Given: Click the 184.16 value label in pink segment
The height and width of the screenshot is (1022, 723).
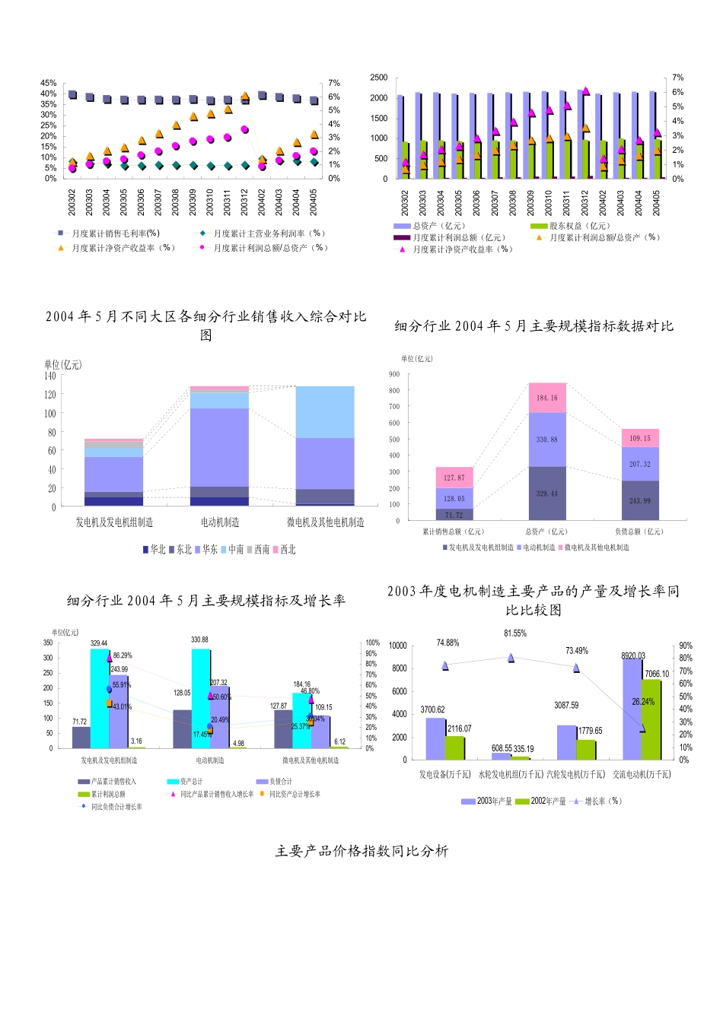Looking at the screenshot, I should (x=546, y=398).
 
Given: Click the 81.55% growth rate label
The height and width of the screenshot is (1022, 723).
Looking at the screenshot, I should (x=515, y=633).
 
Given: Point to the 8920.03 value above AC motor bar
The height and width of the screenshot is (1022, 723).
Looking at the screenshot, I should (x=632, y=655).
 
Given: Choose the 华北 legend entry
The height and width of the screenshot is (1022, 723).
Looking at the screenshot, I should (x=154, y=549).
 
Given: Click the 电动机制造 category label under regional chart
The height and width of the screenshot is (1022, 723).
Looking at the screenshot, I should (x=220, y=522).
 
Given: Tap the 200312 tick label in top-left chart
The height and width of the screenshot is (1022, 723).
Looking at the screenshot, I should (x=245, y=202).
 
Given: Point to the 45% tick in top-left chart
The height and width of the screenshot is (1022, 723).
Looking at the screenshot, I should (x=49, y=83).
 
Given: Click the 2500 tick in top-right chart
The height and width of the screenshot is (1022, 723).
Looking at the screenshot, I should (x=378, y=78).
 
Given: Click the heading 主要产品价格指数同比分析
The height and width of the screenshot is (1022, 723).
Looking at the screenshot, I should (x=361, y=851).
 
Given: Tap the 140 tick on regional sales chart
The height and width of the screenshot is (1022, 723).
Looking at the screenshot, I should (x=49, y=376).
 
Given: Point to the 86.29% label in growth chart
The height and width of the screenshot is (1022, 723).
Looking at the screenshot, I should (x=122, y=655).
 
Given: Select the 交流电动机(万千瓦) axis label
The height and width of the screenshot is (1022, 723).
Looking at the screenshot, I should (x=642, y=774).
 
